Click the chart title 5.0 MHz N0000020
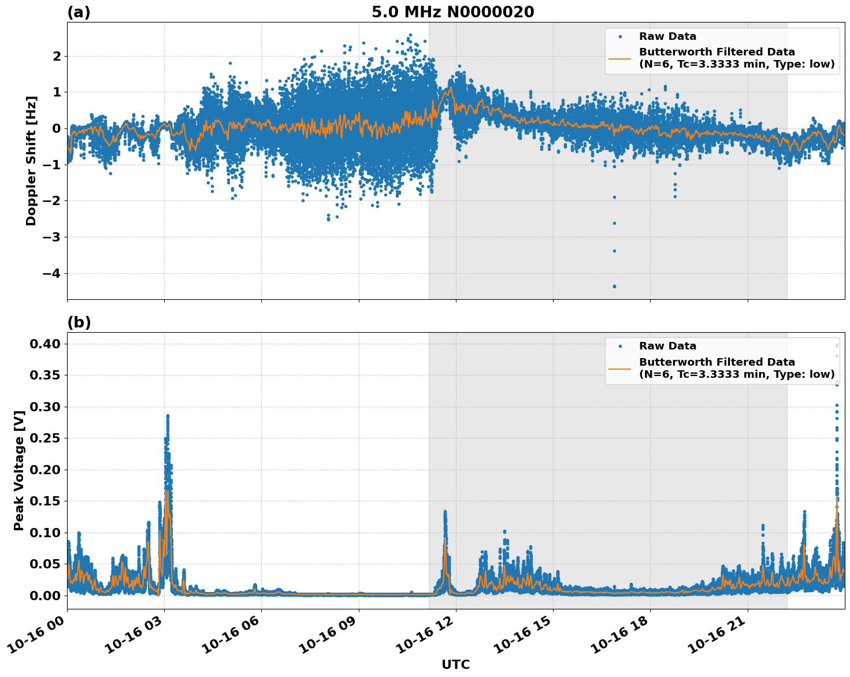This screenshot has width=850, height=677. [x=452, y=12]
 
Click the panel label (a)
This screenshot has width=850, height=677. [x=79, y=12]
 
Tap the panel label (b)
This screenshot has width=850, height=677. [x=79, y=322]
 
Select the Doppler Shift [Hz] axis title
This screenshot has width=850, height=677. [x=31, y=161]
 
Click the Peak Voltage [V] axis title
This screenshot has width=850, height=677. [x=19, y=471]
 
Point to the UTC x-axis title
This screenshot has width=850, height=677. [x=455, y=664]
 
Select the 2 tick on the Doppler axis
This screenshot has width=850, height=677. [x=57, y=56]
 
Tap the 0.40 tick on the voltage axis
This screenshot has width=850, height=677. [x=46, y=344]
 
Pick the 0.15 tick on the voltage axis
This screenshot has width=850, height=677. [x=46, y=501]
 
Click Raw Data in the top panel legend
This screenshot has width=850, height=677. [x=667, y=36]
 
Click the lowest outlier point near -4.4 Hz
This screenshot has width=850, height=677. [x=614, y=286]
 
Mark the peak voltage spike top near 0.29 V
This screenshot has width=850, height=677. [x=168, y=415]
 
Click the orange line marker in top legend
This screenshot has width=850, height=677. [x=620, y=58]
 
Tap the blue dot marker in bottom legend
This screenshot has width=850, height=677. [x=620, y=346]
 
